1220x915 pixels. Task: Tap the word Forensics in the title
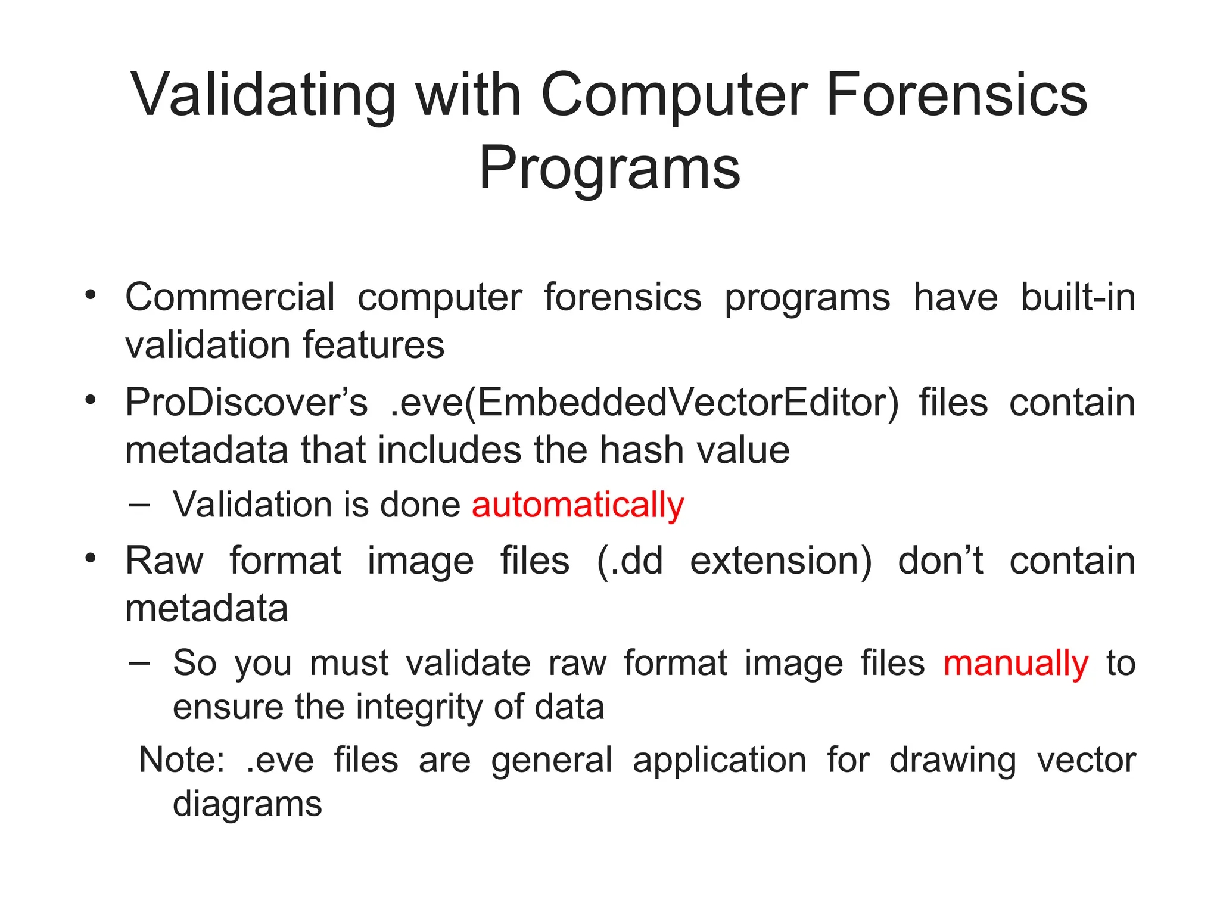[957, 95]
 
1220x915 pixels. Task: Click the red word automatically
[578, 505]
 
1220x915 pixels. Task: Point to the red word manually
[1016, 663]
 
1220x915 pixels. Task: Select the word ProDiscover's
[246, 403]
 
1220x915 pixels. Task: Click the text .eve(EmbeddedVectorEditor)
[644, 403]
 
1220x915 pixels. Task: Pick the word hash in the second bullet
[643, 450]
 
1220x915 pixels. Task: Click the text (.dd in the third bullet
[630, 561]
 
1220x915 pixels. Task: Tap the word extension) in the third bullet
[780, 561]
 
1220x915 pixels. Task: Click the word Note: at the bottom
[182, 760]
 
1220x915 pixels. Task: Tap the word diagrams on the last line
[247, 804]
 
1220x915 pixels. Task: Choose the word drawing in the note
[953, 760]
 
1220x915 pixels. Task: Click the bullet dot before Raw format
[90, 559]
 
